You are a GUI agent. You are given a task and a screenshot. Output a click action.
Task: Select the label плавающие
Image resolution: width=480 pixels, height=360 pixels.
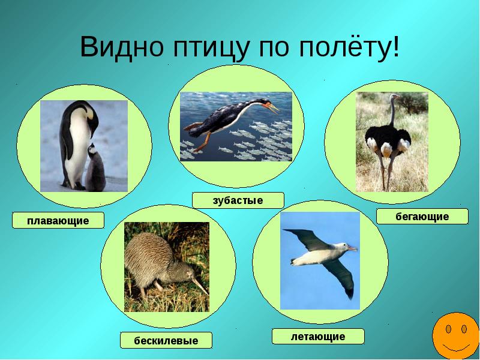pos(58,221)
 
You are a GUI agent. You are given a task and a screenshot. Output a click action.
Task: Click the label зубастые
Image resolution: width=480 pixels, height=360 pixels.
pos(238,200)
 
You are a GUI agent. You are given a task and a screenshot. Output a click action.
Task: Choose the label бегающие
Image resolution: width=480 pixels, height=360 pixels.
pos(422,217)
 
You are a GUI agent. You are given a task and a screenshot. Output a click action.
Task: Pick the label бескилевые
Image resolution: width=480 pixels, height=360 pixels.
pos(166,341)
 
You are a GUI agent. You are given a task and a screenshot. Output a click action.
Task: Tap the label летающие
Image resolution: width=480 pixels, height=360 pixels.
pos(318,337)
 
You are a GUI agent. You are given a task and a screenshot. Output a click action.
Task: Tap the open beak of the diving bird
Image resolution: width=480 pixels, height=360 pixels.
pos(274,109)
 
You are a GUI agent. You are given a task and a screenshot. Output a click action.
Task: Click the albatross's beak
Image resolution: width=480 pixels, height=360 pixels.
pos(352,247)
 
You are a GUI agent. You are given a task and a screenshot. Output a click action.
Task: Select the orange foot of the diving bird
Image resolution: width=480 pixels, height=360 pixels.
pos(192,127)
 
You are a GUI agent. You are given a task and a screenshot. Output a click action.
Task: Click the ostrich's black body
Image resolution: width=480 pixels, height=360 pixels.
pos(388,135)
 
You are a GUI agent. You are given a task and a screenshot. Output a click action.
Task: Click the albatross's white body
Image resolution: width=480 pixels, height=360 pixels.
pos(318,255)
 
